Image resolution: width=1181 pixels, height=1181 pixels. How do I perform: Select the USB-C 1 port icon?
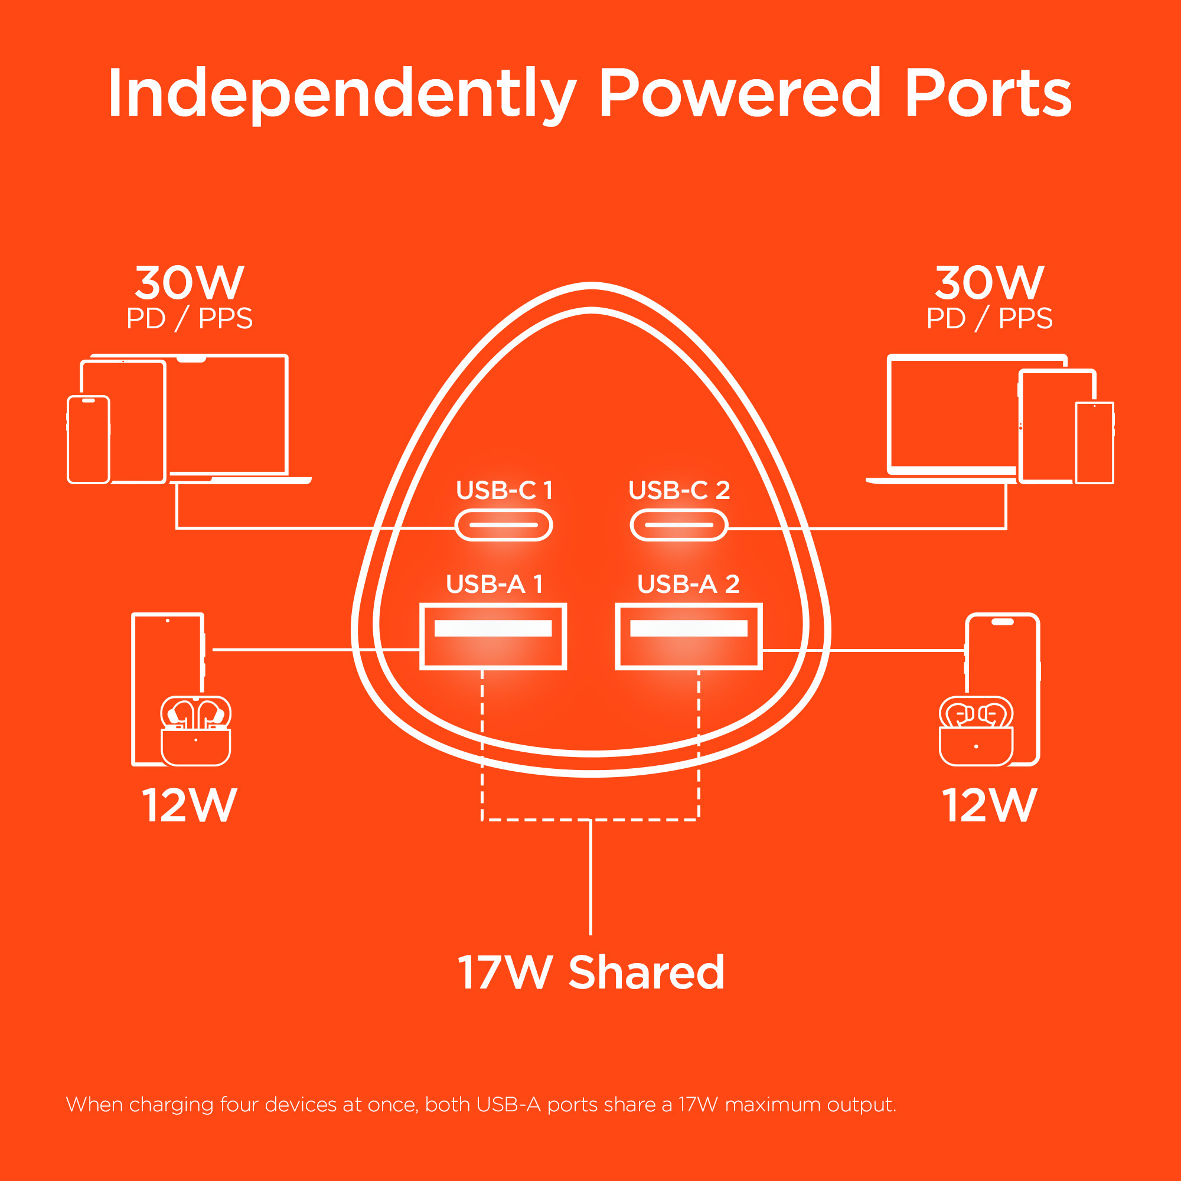coord(504,525)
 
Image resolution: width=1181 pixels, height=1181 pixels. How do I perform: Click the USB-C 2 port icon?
coord(678,525)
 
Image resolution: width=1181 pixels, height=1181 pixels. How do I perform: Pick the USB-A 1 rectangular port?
coord(492,637)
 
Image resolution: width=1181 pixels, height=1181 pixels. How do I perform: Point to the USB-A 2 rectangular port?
coord(689,637)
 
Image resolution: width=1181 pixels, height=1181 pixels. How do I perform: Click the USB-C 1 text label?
coord(504,490)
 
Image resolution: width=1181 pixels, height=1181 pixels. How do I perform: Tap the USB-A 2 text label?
coord(689,585)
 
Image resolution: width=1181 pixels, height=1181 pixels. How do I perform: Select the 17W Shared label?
coord(590,973)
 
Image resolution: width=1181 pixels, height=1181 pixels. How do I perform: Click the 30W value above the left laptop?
coord(190,283)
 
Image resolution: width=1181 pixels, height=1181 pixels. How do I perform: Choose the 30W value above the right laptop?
coord(990,283)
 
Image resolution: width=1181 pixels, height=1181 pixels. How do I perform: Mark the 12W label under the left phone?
coord(190,805)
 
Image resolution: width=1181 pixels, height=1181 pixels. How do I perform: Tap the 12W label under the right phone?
coord(990,805)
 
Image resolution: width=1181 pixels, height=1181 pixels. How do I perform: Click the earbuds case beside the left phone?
coord(195,732)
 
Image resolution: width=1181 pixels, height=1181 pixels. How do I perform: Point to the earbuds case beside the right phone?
coord(976,732)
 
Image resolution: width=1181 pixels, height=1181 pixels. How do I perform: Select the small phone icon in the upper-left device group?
coord(89,439)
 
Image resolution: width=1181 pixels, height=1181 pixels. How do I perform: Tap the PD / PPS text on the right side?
coord(990,318)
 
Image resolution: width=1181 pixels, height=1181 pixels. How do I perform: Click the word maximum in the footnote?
coord(774,1105)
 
